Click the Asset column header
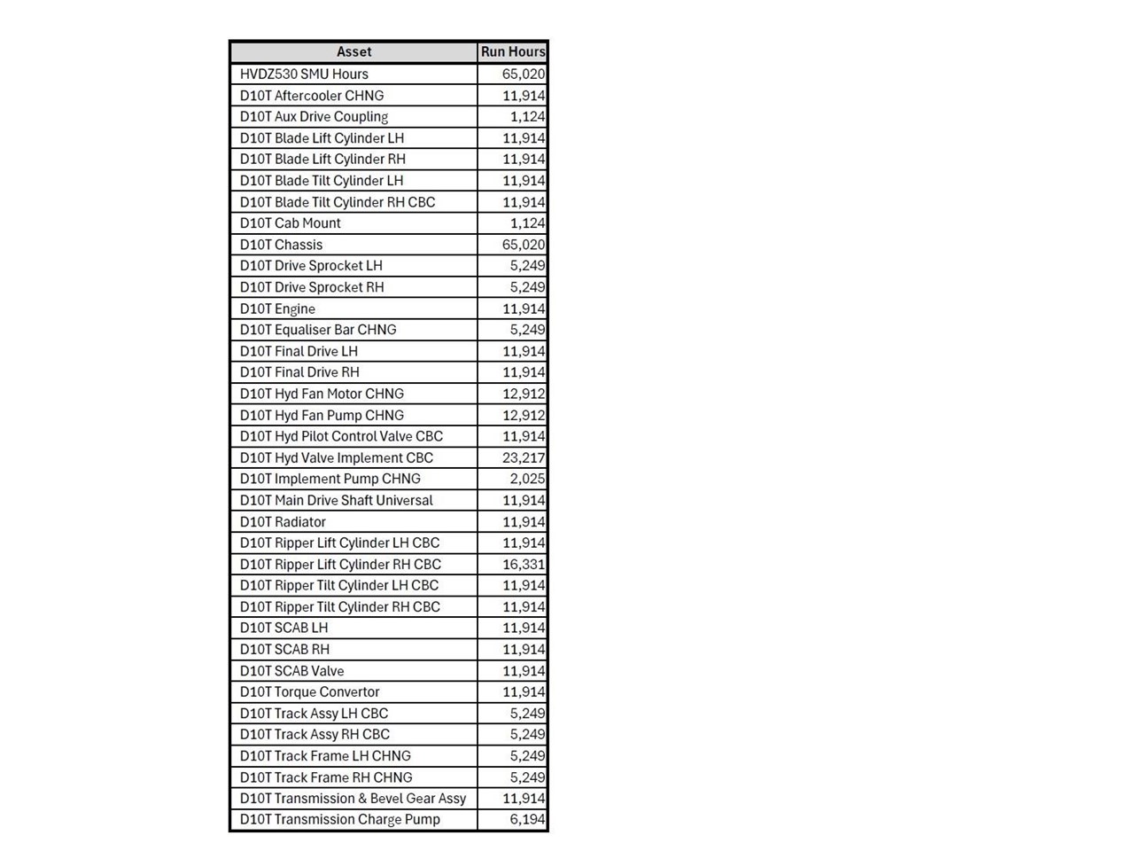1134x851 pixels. click(x=353, y=52)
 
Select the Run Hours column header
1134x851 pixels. click(x=513, y=52)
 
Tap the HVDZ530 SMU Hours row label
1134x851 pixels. click(x=304, y=74)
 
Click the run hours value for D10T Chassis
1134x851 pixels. click(x=524, y=245)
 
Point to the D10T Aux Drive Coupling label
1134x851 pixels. click(x=314, y=117)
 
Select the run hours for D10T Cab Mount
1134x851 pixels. click(x=527, y=223)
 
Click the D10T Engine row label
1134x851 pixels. click(x=277, y=308)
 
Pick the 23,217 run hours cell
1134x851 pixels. click(x=524, y=457)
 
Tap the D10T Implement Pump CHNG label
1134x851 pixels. click(x=330, y=479)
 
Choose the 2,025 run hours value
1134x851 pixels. click(x=527, y=479)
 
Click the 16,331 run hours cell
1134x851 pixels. click(x=524, y=564)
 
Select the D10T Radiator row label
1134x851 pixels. click(x=283, y=521)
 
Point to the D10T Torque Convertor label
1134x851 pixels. click(x=309, y=691)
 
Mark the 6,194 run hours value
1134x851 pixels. click(x=527, y=819)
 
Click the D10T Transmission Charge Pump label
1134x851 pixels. click(x=339, y=819)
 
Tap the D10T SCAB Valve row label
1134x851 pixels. click(x=291, y=670)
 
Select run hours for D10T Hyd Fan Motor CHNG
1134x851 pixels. click(x=524, y=394)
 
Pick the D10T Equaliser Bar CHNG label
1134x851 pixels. click(x=318, y=330)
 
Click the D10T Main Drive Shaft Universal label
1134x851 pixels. click(x=336, y=500)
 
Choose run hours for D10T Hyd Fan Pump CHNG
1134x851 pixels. click(x=524, y=415)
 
